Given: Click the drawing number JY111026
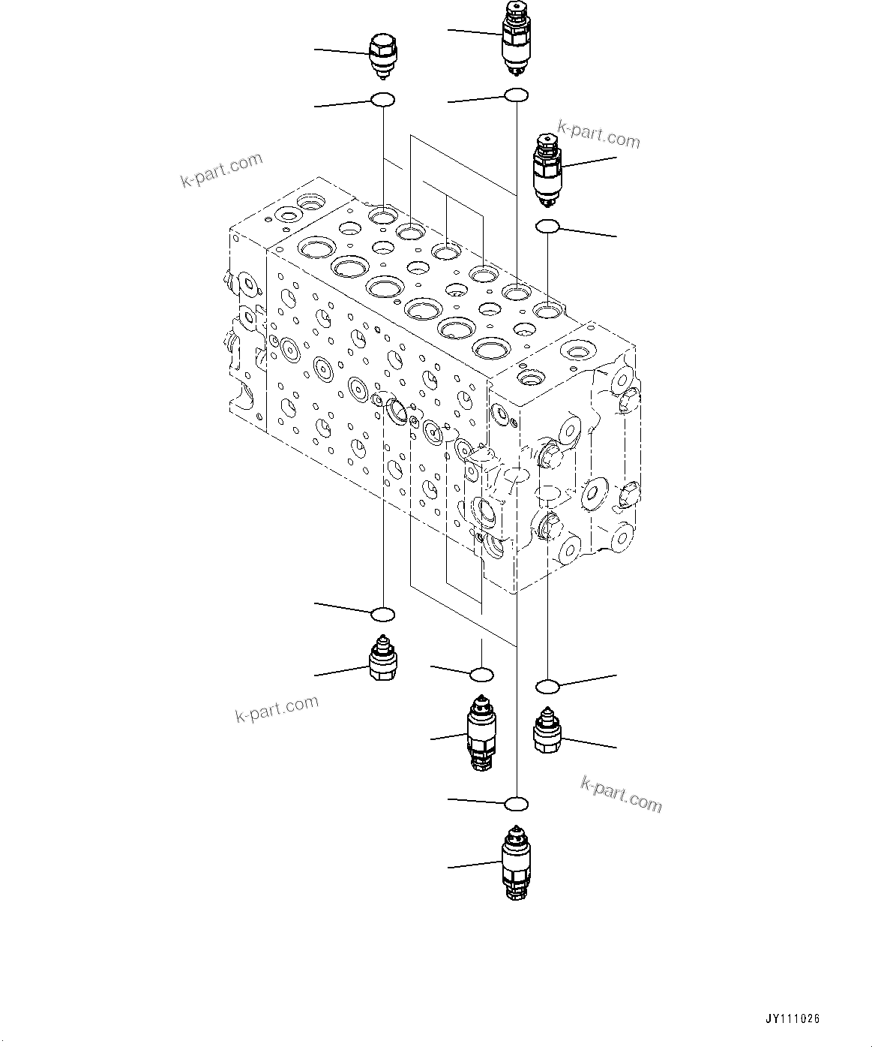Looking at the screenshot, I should pyautogui.click(x=793, y=1018).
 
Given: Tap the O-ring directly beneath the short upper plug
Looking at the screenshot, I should pyautogui.click(x=383, y=99).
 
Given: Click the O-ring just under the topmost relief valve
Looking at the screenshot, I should pyautogui.click(x=516, y=95).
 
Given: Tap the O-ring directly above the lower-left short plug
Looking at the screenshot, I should pyautogui.click(x=383, y=614).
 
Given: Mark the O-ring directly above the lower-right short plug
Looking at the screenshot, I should pyautogui.click(x=548, y=684).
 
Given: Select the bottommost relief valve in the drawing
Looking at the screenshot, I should pyautogui.click(x=515, y=862).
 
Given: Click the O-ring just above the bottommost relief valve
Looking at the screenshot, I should pyautogui.click(x=516, y=805).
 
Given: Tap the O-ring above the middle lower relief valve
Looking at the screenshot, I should pyautogui.click(x=481, y=675).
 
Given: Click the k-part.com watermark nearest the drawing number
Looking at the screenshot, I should pyautogui.click(x=622, y=794).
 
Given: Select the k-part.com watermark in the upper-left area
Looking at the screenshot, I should pyautogui.click(x=222, y=170).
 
